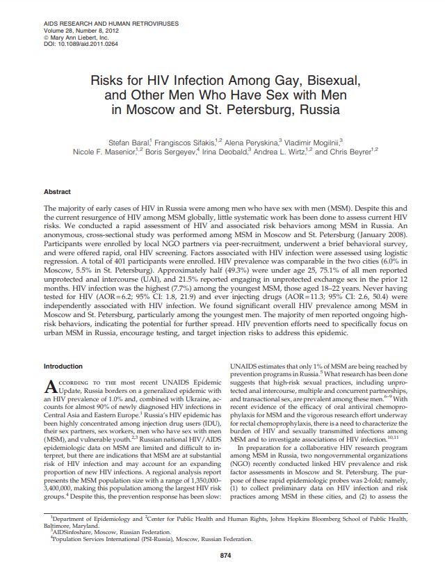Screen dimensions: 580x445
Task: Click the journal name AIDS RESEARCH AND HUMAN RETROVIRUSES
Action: click(x=102, y=24)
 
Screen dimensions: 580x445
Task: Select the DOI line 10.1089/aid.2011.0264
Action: click(x=72, y=43)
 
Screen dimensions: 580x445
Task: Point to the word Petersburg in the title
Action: click(x=270, y=109)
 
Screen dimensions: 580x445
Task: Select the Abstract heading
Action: click(x=57, y=191)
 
